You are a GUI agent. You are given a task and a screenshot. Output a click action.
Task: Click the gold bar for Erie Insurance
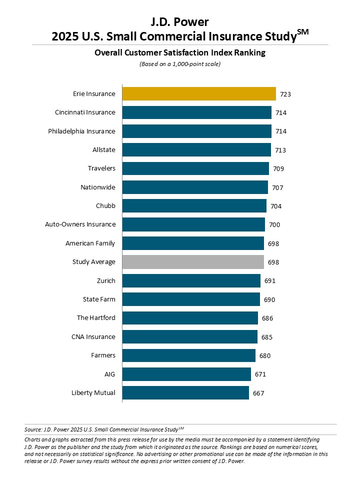(199, 94)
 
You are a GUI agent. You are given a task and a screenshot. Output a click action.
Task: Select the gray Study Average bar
(193, 262)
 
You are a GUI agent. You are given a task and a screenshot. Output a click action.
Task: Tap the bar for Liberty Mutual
(185, 393)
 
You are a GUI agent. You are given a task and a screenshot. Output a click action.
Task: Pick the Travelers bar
(195, 168)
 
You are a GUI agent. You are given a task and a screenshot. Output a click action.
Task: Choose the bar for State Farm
(191, 299)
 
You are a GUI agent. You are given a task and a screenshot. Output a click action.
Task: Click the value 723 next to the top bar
(286, 94)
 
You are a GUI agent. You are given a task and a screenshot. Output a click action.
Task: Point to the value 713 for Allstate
(280, 150)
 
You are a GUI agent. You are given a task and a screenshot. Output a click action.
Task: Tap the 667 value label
(258, 393)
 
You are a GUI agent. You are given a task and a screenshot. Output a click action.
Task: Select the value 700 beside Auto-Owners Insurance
(274, 224)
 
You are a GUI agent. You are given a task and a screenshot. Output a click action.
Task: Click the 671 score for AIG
(260, 374)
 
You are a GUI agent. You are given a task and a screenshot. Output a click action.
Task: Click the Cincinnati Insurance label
(85, 112)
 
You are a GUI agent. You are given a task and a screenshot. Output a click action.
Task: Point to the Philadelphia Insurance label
(81, 131)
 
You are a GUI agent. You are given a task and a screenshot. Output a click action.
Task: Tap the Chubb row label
(105, 206)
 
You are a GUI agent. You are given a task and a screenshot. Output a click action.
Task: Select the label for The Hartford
(96, 318)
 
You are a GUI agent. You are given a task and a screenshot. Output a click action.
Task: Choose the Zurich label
(106, 280)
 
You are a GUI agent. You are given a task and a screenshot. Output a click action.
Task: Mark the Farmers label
(103, 355)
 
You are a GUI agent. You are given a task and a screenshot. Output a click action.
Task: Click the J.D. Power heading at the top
(179, 22)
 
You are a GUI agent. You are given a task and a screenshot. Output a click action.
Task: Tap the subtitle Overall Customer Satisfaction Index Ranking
(179, 52)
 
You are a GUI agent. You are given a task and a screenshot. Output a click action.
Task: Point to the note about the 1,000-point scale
(179, 64)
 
